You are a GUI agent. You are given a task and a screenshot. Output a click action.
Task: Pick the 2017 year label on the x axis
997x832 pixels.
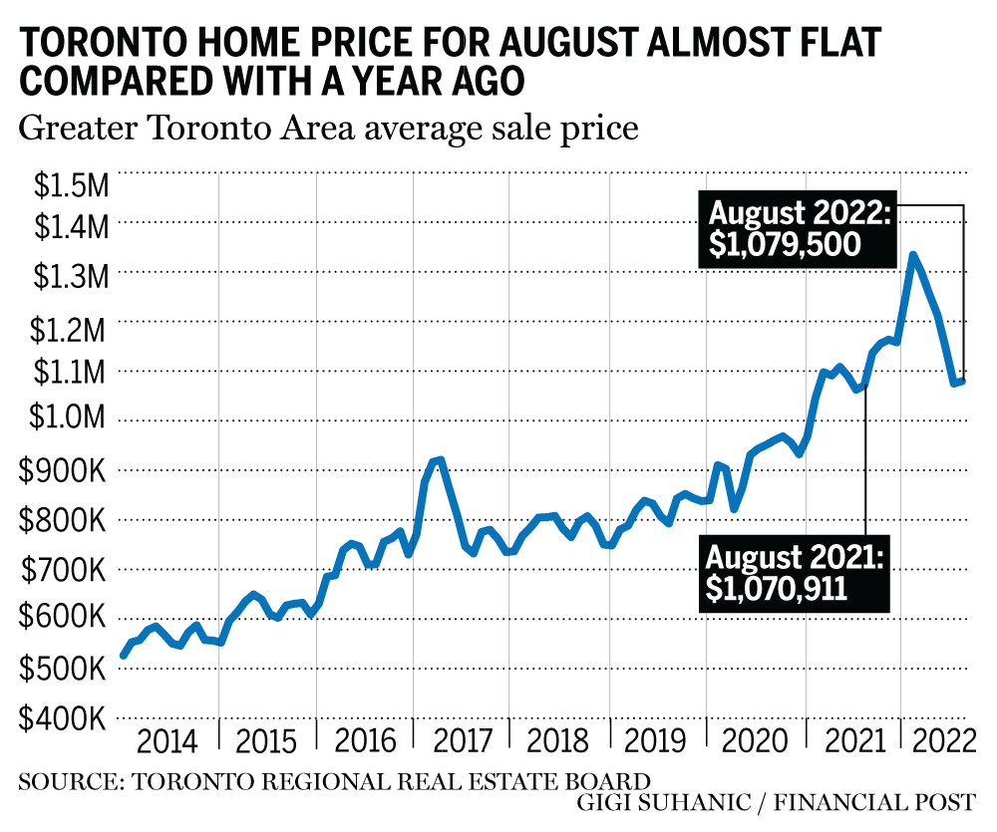tap(463, 743)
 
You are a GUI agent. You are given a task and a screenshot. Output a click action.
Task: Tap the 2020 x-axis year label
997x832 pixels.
tap(755, 743)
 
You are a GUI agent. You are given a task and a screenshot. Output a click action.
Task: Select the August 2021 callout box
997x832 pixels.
tap(793, 572)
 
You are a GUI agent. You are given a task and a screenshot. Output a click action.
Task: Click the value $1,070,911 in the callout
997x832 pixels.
tap(777, 588)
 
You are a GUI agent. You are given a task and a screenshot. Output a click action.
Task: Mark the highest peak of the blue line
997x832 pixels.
tap(912, 255)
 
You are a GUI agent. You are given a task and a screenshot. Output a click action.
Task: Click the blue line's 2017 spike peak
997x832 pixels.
tap(439, 460)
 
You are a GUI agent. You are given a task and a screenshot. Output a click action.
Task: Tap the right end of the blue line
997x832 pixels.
tap(962, 381)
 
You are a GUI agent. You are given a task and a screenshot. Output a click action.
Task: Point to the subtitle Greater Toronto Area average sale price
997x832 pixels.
tap(328, 129)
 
